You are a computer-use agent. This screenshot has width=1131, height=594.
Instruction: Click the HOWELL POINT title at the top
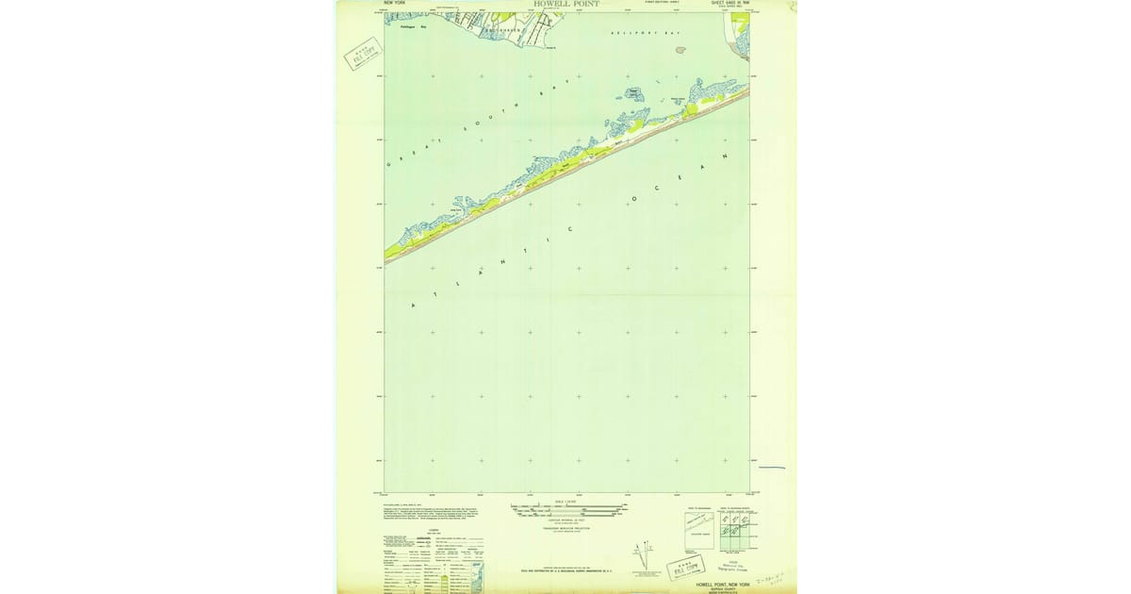tap(565, 4)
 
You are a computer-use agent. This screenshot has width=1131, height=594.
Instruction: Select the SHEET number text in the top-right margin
tap(730, 4)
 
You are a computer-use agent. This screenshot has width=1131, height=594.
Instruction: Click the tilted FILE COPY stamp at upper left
tap(364, 54)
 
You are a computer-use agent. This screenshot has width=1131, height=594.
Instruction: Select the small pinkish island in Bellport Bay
tap(680, 50)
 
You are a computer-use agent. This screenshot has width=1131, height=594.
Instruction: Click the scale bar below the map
tap(567, 510)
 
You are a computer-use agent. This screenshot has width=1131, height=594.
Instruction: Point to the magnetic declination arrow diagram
tap(646, 556)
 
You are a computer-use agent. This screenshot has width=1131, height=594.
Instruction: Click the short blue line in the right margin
tap(771, 467)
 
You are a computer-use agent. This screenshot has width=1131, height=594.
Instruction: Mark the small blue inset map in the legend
tap(477, 577)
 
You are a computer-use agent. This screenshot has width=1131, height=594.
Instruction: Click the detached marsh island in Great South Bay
tap(631, 94)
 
